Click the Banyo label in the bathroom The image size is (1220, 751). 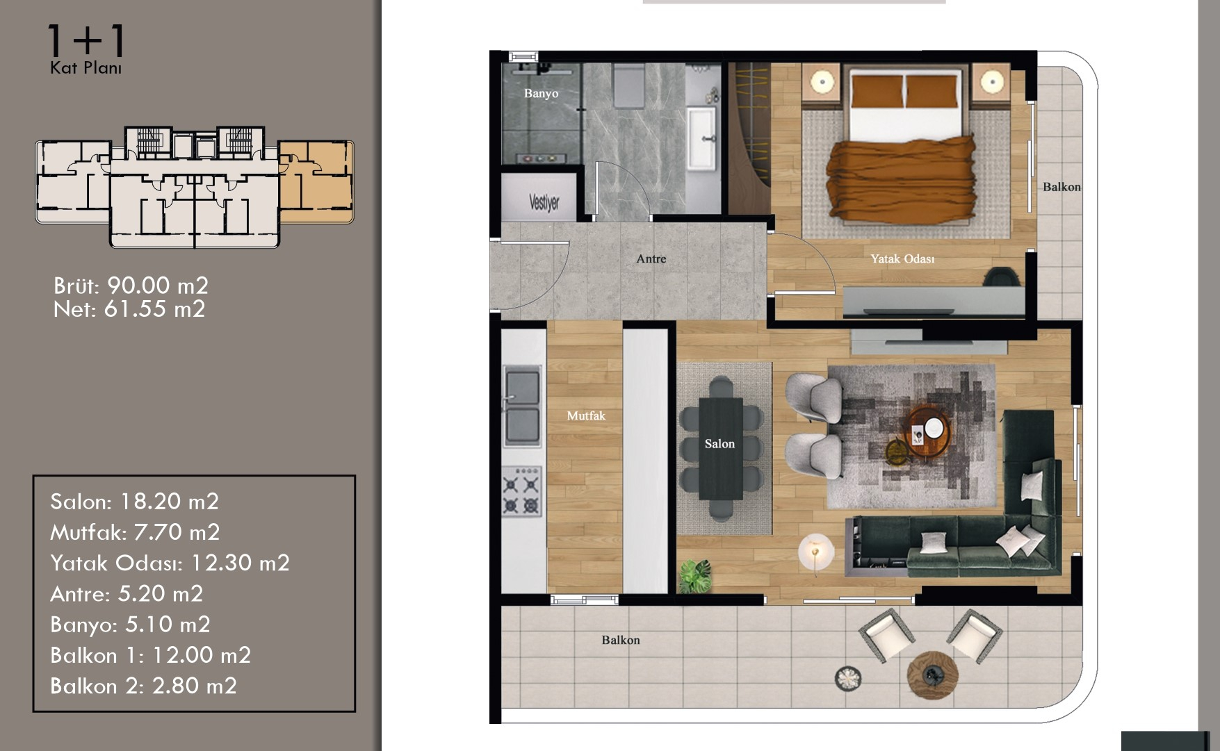[x=541, y=93]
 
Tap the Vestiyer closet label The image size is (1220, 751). [x=544, y=202]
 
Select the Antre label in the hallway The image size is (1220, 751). [x=651, y=258]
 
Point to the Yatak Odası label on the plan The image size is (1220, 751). [x=902, y=258]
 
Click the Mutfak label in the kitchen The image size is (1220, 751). [x=586, y=415]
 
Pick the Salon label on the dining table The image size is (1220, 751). [x=719, y=443]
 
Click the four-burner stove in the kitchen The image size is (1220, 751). [x=521, y=491]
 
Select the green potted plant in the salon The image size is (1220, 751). [x=694, y=576]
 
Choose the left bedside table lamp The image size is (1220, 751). [x=822, y=82]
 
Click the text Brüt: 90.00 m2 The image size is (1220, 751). [x=131, y=286]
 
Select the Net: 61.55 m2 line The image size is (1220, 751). [x=129, y=308]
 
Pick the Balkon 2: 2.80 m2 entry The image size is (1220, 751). [x=143, y=686]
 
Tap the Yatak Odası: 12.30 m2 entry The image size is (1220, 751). [x=170, y=563]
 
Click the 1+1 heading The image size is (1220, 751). [x=86, y=41]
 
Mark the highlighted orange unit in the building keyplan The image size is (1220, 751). [x=316, y=181]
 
